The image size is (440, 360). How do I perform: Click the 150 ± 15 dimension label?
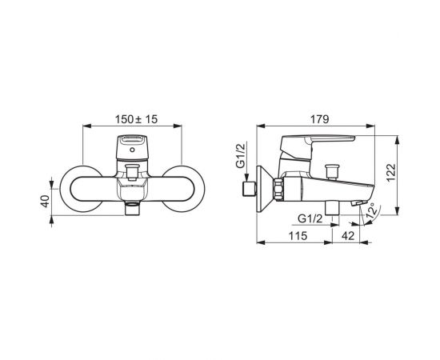point(136,119)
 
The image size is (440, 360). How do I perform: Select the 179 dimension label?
point(319,119)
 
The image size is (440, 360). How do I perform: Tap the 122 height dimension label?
point(391,173)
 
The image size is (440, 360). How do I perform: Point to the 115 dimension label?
point(298,236)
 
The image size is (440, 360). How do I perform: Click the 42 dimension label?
point(348,236)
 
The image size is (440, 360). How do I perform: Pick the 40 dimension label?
point(45,201)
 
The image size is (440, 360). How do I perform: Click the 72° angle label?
point(370,211)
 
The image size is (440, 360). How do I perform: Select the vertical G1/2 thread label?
point(241,155)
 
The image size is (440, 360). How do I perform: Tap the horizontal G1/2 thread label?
point(310,218)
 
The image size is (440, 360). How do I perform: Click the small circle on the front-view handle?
point(132,150)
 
